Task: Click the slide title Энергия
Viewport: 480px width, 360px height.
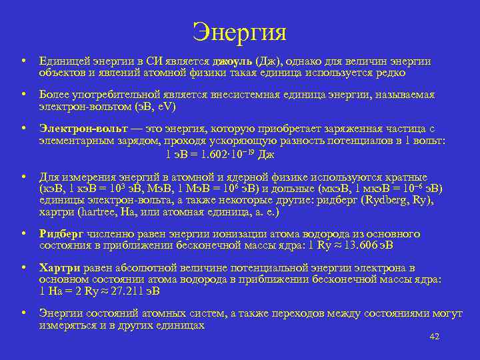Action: coord(239,31)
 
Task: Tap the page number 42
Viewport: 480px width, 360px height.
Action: coord(435,337)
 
